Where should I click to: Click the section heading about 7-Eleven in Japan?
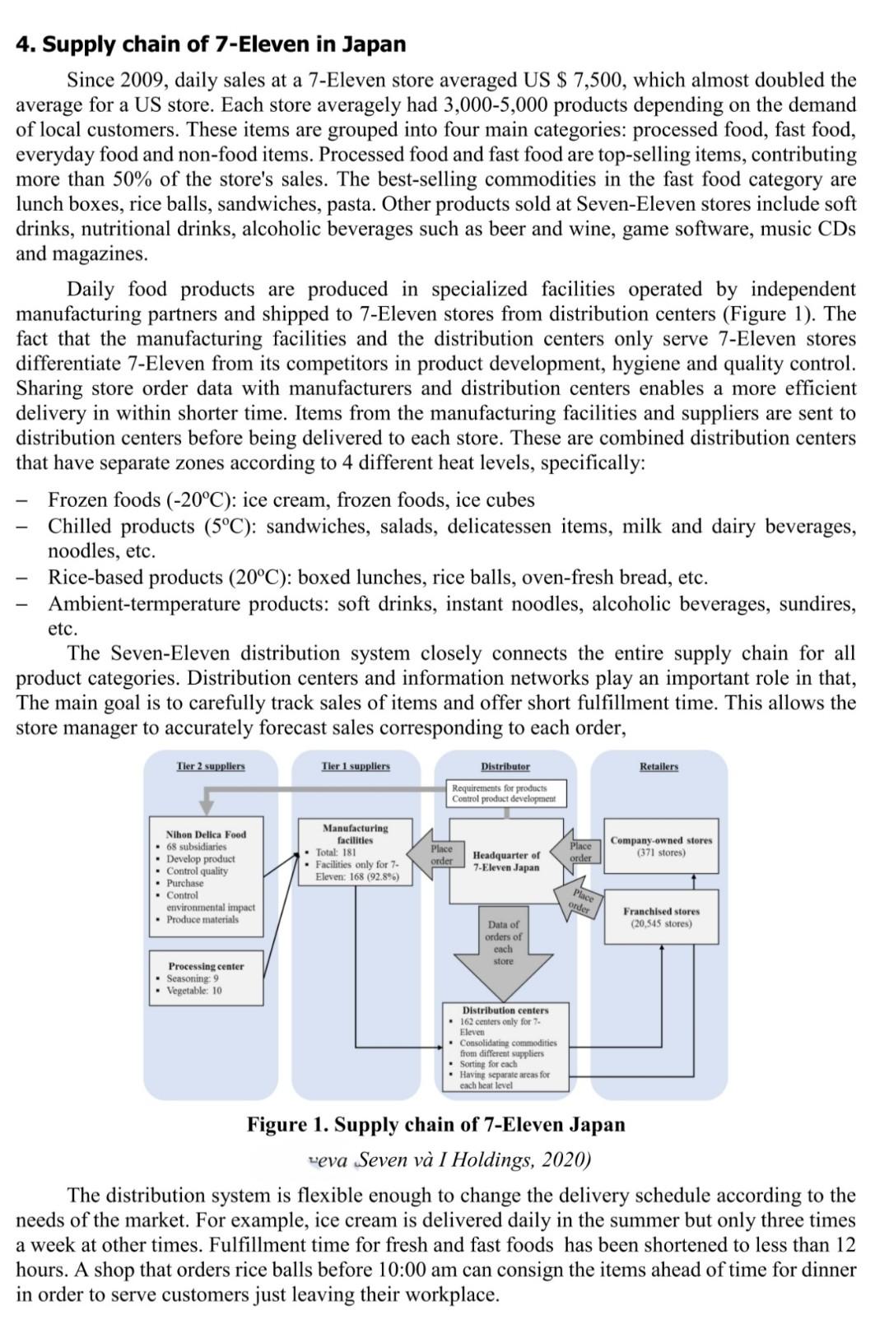click(x=211, y=44)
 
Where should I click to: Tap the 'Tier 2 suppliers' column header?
click(x=211, y=766)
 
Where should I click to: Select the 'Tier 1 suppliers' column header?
click(x=356, y=766)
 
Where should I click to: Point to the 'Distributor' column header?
click(x=505, y=766)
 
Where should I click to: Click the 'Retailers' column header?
click(x=659, y=766)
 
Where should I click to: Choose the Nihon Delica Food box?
click(x=207, y=876)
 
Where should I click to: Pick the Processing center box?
click(x=207, y=978)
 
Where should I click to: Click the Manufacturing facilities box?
click(x=356, y=852)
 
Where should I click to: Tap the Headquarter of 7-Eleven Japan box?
click(x=506, y=861)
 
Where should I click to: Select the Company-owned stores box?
click(x=661, y=846)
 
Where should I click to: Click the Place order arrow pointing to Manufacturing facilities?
click(x=440, y=854)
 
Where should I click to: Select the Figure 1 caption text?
click(x=435, y=1124)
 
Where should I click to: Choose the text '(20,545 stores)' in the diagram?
click(x=661, y=924)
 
